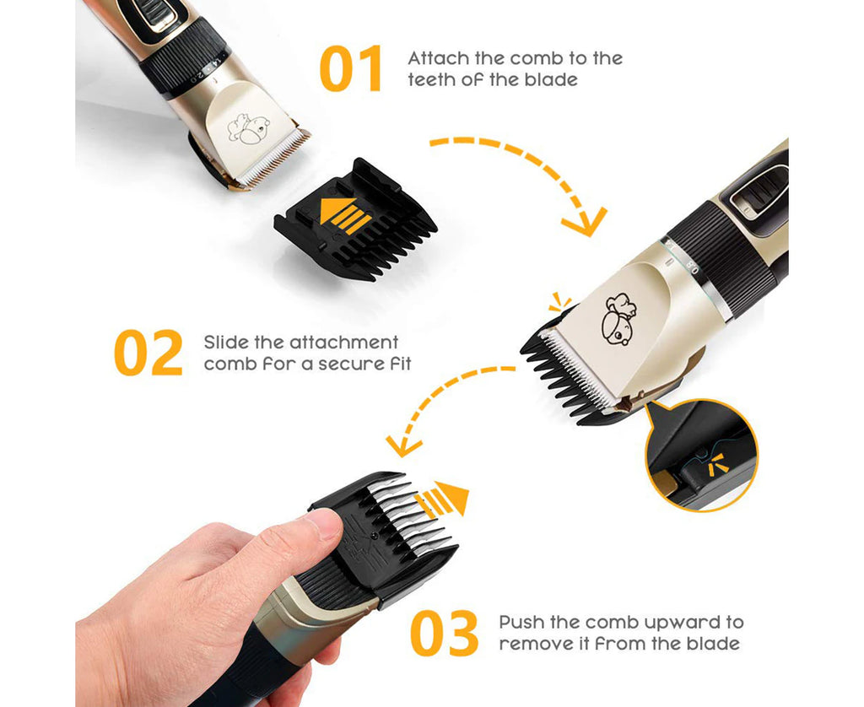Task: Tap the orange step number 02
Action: pos(148,353)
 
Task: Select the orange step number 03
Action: pos(444,633)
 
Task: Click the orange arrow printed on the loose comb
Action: pos(345,215)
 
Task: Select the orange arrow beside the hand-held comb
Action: pos(441,498)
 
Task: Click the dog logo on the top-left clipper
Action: pos(249,129)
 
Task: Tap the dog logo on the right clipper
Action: pos(618,319)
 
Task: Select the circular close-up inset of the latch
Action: pos(701,456)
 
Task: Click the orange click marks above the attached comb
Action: pos(560,301)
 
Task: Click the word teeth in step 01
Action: pos(431,79)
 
